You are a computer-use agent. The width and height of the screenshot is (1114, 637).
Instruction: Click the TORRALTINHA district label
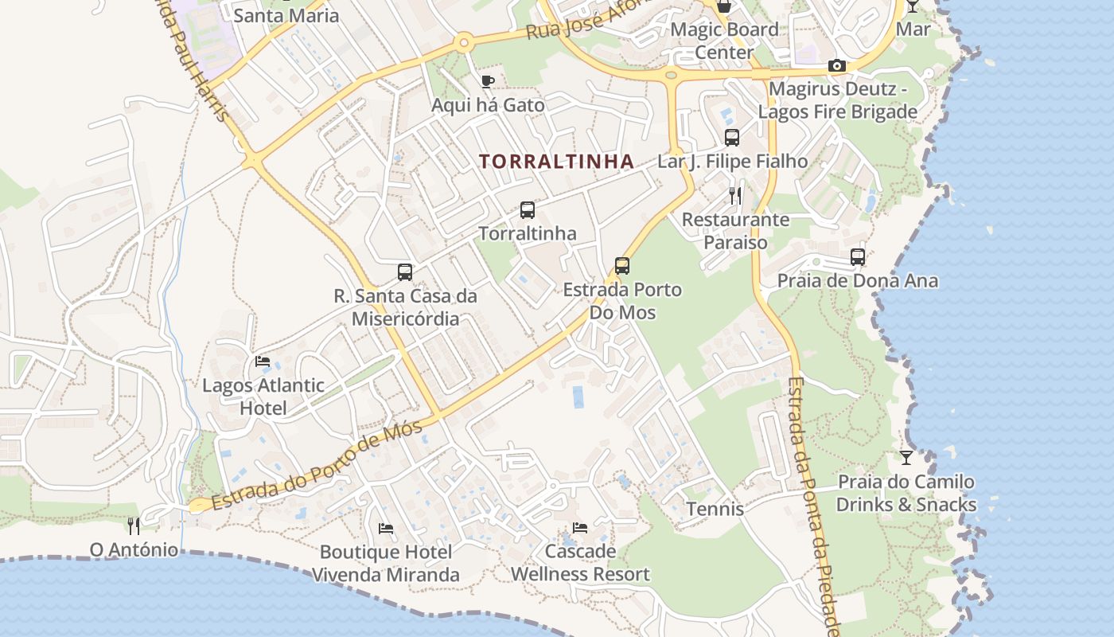point(556,162)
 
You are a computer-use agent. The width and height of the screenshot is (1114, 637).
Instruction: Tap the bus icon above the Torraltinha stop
point(528,210)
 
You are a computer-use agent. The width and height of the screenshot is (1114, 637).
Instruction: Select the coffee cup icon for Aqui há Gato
point(487,81)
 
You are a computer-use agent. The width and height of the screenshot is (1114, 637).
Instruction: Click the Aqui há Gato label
point(488,105)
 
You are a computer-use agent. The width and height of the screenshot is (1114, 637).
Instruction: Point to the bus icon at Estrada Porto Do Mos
point(622,266)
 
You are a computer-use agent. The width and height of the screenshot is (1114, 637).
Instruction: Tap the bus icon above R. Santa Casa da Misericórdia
point(405,272)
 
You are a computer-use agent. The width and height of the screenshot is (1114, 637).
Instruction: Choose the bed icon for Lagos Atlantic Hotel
point(263,361)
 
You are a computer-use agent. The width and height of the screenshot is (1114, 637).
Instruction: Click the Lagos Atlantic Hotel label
point(263,397)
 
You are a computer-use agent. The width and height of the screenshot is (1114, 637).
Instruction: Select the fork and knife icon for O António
point(134,526)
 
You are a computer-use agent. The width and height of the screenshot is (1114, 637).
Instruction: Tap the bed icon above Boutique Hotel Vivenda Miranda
point(386,528)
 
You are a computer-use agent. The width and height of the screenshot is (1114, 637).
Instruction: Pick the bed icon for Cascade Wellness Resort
point(580,528)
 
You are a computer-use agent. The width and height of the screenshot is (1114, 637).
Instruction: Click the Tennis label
point(715,509)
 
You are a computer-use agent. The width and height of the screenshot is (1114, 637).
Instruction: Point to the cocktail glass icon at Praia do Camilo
point(906,458)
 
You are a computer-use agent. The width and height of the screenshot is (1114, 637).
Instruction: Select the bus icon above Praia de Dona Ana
point(858,257)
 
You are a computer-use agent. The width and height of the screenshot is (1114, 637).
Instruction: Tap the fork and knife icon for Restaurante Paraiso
point(735,195)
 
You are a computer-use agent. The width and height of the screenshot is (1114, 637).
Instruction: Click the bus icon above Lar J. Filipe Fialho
point(732,137)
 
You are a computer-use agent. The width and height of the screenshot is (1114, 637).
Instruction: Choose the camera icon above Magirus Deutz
point(837,66)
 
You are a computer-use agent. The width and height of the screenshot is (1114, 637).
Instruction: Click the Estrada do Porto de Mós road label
point(317,467)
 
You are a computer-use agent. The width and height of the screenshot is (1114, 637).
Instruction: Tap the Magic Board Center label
point(724,41)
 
